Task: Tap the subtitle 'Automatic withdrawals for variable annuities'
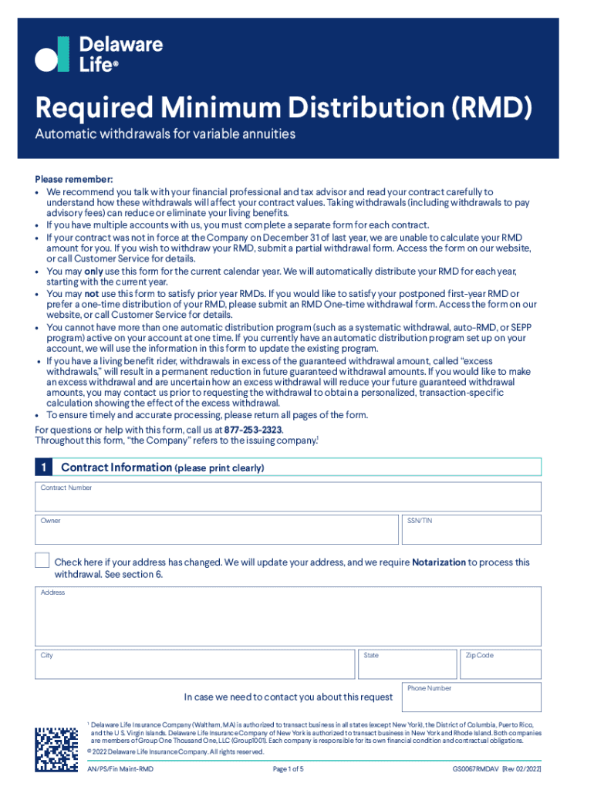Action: coord(165,135)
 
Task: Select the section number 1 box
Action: coord(45,468)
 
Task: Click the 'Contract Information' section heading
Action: coord(116,468)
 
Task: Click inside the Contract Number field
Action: coord(288,500)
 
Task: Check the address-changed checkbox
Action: coord(42,562)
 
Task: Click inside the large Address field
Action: coord(288,620)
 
